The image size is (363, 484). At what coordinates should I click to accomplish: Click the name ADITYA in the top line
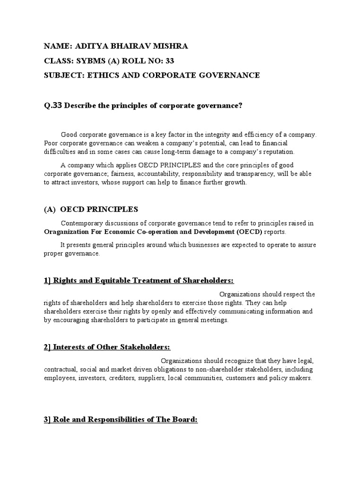point(88,46)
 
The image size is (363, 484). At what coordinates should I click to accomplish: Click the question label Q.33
point(53,105)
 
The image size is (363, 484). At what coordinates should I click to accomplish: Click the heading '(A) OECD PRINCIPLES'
point(91,209)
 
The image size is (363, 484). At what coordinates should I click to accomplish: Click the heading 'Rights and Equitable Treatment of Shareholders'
point(139,280)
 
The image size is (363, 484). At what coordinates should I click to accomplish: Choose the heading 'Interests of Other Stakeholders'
point(106,347)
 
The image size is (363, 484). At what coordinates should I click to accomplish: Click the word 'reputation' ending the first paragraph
point(278,152)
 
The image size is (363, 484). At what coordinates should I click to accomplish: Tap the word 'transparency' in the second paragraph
point(251,174)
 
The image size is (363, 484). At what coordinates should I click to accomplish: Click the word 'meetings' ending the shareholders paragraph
point(215,320)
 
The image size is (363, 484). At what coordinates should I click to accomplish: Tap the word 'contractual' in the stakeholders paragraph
point(60,370)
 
